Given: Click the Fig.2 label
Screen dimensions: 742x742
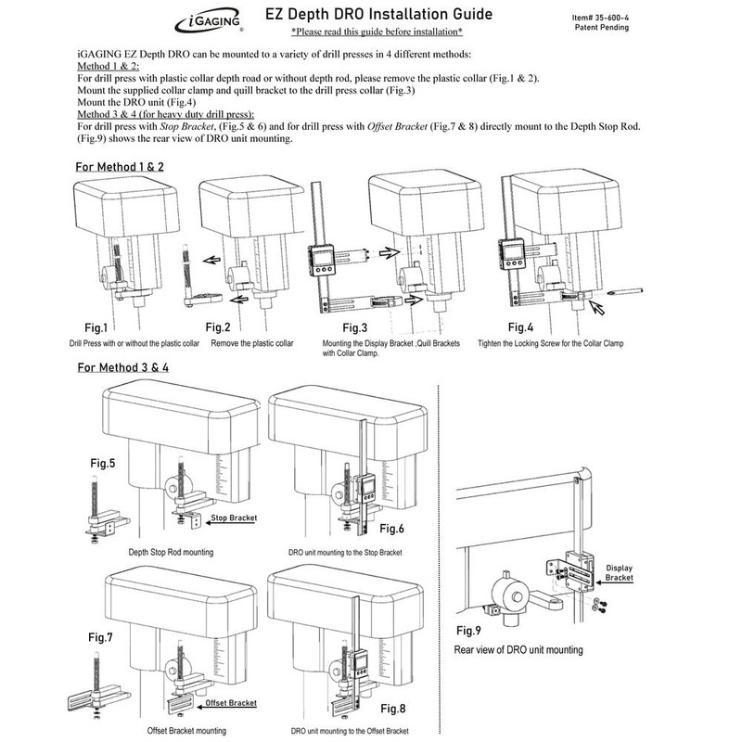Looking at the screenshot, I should coord(220,327).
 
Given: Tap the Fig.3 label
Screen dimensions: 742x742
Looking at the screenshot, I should coord(358,328).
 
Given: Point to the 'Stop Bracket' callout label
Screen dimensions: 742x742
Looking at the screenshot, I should coord(234,520).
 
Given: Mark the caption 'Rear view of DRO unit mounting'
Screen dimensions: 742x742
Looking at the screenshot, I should coord(518,650).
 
